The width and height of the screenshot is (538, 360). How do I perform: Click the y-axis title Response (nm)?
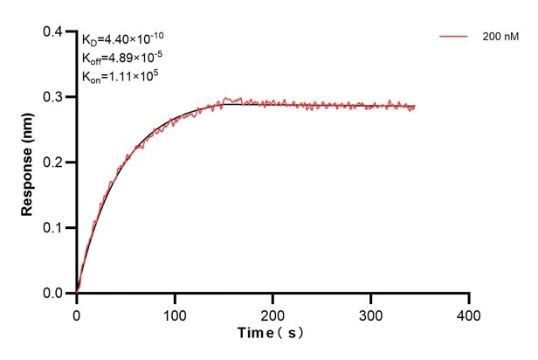pos(27,163)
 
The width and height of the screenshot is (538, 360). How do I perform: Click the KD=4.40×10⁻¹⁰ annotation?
pos(122,38)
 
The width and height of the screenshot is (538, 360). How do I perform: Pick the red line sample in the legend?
pos(454,37)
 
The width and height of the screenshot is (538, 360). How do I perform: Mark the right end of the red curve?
pos(415,107)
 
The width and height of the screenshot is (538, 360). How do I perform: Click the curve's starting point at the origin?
pos(77,293)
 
